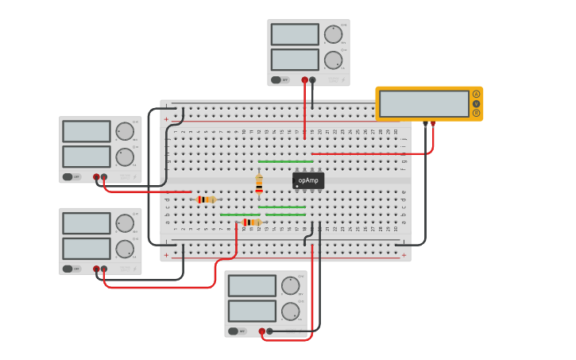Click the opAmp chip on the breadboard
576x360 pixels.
point(308,180)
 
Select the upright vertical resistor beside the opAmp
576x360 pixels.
point(259,184)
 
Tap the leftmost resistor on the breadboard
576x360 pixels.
point(206,199)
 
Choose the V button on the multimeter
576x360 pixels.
point(476,103)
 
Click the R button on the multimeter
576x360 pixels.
point(476,113)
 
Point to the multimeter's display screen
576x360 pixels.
point(424,103)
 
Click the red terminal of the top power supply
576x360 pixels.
point(304,79)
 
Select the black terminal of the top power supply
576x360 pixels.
point(312,79)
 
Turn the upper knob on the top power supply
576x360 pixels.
point(333,34)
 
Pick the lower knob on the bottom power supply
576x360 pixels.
point(290,311)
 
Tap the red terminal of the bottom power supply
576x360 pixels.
point(262,331)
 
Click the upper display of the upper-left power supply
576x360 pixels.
point(87,131)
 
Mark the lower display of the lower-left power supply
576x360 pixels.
point(87,249)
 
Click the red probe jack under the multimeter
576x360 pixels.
point(433,124)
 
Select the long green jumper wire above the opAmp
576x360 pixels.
point(285,161)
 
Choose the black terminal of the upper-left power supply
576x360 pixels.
point(104,177)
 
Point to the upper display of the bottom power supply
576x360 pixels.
point(252,286)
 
